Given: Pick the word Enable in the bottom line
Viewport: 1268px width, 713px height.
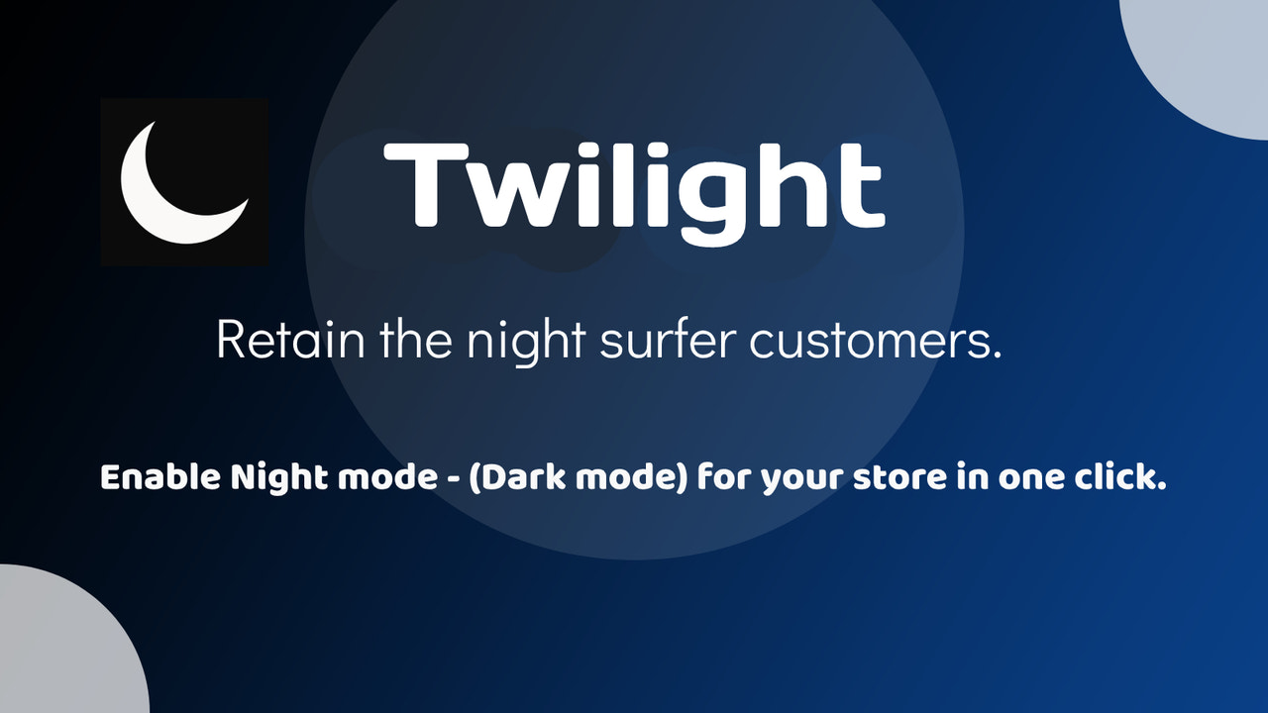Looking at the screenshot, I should tap(160, 478).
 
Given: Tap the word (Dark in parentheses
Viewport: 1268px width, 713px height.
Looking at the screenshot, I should tap(516, 479).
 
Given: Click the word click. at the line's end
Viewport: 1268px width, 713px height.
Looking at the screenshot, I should tap(1118, 478).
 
